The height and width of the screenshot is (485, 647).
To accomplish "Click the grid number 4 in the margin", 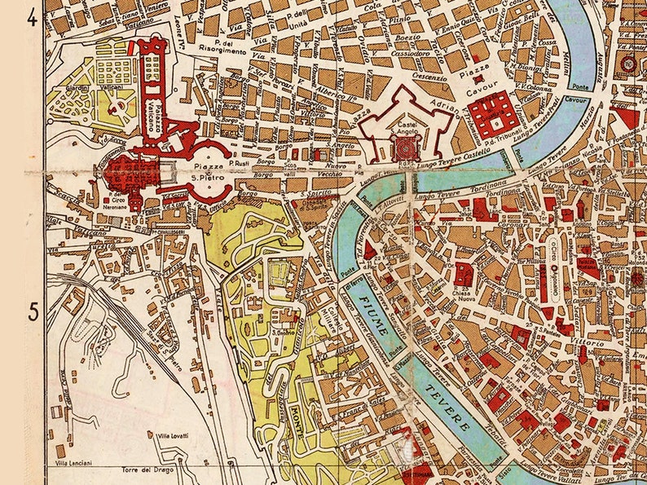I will [x=33, y=17].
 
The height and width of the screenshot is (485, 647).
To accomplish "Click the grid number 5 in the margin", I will [x=33, y=311].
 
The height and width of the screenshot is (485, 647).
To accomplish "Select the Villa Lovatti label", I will [x=172, y=436].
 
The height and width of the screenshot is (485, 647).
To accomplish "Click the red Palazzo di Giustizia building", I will [x=492, y=115].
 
